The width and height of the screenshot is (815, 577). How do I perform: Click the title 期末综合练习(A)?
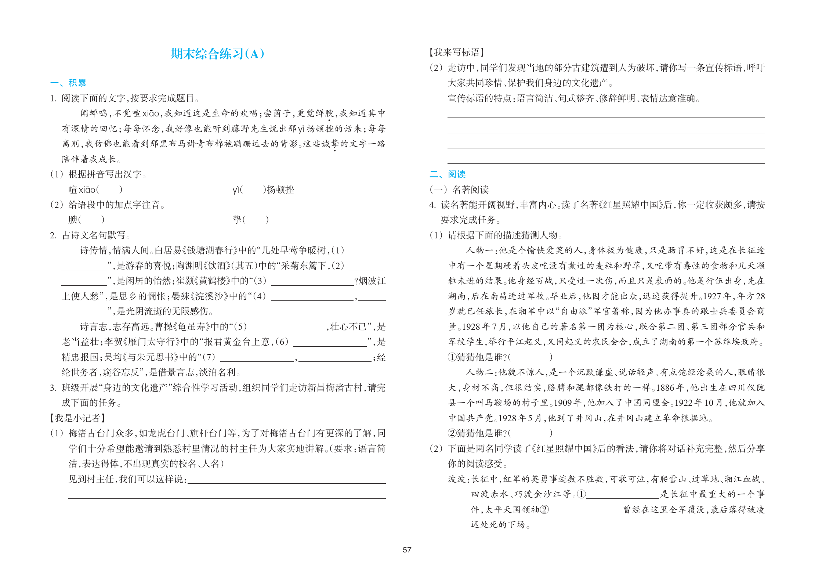tap(217, 54)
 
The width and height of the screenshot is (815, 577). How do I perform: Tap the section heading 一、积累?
tap(68, 83)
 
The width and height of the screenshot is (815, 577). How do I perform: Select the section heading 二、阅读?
tap(447, 174)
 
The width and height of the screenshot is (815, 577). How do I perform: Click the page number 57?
tap(407, 550)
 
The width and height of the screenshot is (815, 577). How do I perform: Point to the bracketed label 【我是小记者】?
tap(77, 418)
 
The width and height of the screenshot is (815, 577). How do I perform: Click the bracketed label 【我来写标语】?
tap(456, 53)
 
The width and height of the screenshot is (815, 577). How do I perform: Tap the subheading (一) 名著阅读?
tap(459, 190)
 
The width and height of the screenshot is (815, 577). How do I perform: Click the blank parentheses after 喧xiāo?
tap(109, 190)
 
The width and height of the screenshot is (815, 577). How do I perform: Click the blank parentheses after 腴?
tap(91, 220)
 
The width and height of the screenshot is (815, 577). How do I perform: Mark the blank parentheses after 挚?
tap(256, 220)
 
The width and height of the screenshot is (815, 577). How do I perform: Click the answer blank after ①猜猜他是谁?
tap(530, 357)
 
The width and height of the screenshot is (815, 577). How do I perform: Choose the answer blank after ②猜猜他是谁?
tap(530, 433)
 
